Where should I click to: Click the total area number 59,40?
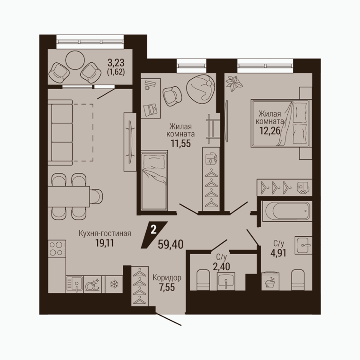pos(171,245)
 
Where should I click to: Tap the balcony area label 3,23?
pos(116,62)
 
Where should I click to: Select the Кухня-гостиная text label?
pos(105,233)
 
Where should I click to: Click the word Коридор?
pos(167,278)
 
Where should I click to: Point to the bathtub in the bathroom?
pos(287,211)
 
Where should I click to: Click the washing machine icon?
pos(270,281)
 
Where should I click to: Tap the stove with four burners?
pos(57,249)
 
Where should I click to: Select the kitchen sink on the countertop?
pos(75,284)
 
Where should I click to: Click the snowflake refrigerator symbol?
pos(113,284)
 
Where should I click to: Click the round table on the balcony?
pos(75,60)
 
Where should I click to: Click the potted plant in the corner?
pos(234,83)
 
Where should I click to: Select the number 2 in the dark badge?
pos(153,230)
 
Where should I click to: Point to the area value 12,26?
pos(270,131)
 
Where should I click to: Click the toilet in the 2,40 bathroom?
pos(203,280)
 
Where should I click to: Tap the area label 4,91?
pos(278,253)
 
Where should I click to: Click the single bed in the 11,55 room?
pos(154,180)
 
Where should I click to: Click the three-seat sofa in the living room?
pos(60,133)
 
